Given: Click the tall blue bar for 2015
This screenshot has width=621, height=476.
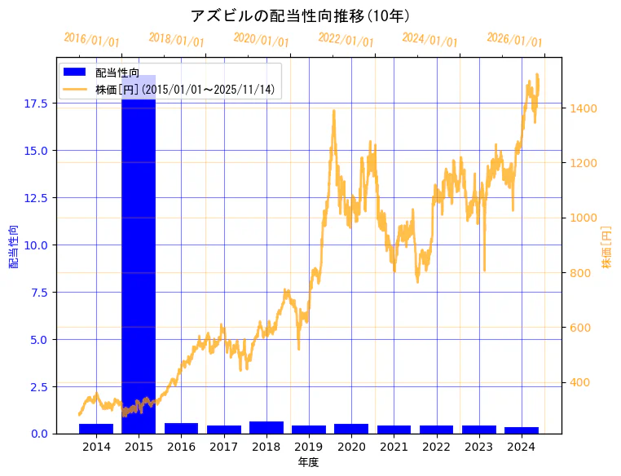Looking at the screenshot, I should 139,261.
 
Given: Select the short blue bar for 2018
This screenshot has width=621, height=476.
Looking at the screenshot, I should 266,428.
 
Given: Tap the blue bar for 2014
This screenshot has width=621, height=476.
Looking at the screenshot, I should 96,429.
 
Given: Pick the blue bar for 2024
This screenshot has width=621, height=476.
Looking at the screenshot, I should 521,430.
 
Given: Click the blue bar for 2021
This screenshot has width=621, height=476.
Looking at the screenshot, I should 394,430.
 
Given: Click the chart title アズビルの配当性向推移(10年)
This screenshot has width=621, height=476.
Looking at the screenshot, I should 300,16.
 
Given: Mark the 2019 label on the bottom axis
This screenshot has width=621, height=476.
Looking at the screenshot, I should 309,447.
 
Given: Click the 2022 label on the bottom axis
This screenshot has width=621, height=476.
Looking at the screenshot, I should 436,447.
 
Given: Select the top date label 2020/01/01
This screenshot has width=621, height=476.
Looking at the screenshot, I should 261,39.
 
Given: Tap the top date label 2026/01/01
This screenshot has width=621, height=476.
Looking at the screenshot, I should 514,39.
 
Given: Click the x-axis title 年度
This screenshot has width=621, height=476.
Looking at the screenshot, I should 308,462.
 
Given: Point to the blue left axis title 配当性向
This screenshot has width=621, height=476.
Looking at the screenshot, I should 14,245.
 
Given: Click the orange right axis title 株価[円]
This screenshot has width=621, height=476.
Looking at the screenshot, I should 606,246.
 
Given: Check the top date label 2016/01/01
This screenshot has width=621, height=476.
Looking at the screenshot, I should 91,39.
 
